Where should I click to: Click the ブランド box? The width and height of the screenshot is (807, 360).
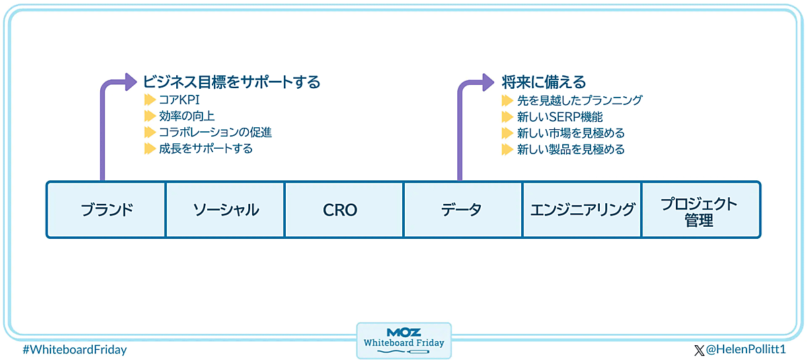click(x=106, y=209)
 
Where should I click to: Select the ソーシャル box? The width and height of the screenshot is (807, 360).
click(x=225, y=209)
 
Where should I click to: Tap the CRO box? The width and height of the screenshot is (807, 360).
click(x=344, y=209)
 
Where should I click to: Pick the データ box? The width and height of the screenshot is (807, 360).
click(x=463, y=209)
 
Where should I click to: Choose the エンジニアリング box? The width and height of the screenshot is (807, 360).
click(x=582, y=209)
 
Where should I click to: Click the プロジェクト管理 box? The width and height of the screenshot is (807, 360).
click(x=701, y=211)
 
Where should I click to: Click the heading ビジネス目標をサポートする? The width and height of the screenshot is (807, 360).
click(x=231, y=82)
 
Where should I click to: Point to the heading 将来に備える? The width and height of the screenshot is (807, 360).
click(x=544, y=82)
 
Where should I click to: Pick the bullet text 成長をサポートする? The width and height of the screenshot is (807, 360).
click(x=206, y=149)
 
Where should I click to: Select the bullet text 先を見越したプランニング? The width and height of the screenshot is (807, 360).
click(x=580, y=100)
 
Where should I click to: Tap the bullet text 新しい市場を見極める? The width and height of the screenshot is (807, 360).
click(x=570, y=133)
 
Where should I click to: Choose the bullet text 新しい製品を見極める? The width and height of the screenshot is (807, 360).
click(x=570, y=149)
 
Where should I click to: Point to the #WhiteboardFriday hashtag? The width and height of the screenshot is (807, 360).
click(x=74, y=350)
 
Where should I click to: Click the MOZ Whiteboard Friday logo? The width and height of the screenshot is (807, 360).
click(x=403, y=340)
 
